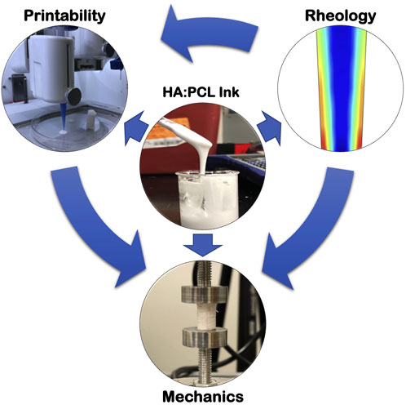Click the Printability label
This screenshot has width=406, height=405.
(x=56, y=15)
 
